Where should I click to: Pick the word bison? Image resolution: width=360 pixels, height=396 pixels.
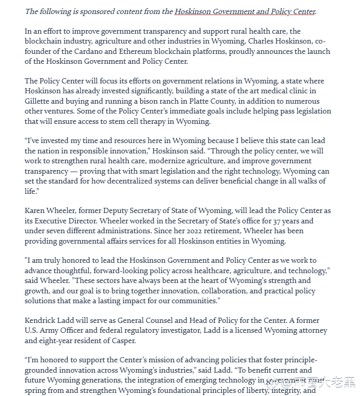click(152, 102)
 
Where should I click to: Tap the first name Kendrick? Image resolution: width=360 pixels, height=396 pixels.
click(42, 321)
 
